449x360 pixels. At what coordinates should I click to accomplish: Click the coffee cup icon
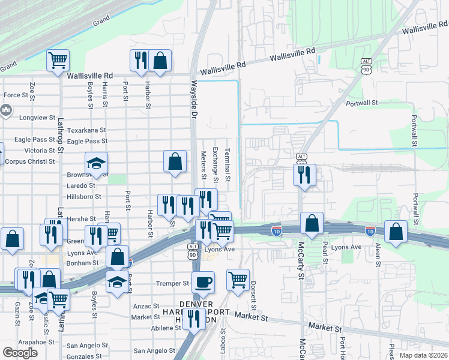[x=203, y=281]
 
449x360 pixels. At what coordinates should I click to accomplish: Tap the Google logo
[x=20, y=353]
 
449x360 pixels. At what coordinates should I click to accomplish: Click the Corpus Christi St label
[x=29, y=161]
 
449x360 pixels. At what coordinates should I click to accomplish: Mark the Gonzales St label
[x=84, y=356]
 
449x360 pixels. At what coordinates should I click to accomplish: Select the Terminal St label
[x=228, y=166]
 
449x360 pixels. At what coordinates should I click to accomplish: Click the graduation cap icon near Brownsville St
[x=95, y=164]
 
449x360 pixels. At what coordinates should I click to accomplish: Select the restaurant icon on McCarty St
[x=304, y=175]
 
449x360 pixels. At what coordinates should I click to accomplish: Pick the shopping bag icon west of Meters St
[x=175, y=161]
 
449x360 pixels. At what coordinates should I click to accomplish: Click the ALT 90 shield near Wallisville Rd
[x=367, y=65]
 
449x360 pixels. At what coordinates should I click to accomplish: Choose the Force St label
[x=16, y=95]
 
